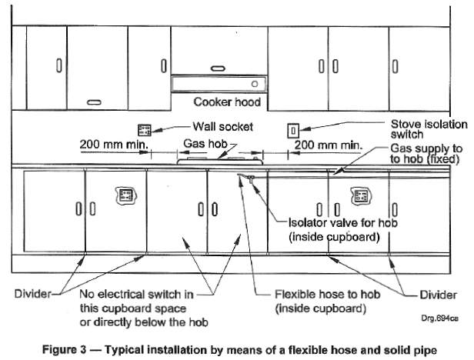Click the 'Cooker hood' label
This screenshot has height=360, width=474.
(227, 102)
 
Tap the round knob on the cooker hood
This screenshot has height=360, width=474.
(255, 84)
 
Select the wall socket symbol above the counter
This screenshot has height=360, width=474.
(144, 130)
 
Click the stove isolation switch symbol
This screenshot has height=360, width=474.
(293, 132)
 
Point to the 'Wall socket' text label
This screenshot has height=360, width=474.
(223, 126)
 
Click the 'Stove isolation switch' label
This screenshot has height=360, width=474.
(429, 129)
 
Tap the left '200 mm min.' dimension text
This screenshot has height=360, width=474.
(114, 144)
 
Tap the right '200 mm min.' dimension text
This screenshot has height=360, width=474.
(328, 145)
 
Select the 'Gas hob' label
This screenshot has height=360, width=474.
(205, 143)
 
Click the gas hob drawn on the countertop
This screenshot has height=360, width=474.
(220, 161)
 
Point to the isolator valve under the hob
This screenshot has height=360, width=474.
(251, 178)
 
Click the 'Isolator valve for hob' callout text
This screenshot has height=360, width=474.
(343, 223)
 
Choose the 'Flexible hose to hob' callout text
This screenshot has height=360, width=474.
(327, 294)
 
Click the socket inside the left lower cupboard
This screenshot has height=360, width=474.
(125, 195)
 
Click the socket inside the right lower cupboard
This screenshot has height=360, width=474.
(361, 195)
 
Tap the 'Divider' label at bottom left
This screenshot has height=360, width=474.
(32, 294)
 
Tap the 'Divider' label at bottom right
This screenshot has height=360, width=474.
(438, 295)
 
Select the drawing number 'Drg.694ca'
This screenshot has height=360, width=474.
(440, 318)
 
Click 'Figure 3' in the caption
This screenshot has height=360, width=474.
(64, 350)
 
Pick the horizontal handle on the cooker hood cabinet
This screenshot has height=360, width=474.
(218, 68)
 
